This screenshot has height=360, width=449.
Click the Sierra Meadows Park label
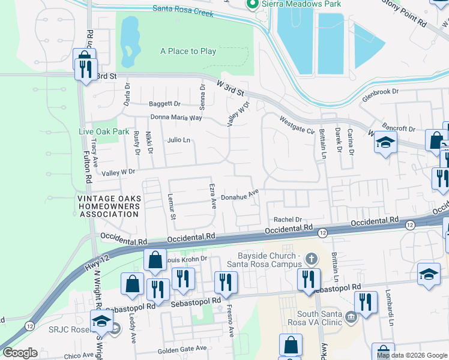pos(301,4)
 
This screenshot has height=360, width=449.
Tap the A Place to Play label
pos(188,52)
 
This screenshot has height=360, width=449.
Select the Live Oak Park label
pos(104,131)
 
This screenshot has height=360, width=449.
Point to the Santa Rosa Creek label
pos(183,9)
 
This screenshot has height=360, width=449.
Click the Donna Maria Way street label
pos(176,118)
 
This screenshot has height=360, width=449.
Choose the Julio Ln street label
pos(178,140)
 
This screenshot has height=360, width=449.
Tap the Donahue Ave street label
pos(240,195)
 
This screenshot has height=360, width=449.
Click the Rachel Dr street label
pos(287,220)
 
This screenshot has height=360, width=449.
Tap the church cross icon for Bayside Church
pos(310,259)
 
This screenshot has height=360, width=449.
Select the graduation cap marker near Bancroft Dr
pos(385,143)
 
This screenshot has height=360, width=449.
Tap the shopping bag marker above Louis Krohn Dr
pos(155,260)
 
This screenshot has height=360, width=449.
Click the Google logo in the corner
pos(19,353)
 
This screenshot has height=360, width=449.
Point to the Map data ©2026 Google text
pos(412,355)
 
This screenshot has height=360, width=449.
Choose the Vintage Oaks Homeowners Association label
pos(107,206)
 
